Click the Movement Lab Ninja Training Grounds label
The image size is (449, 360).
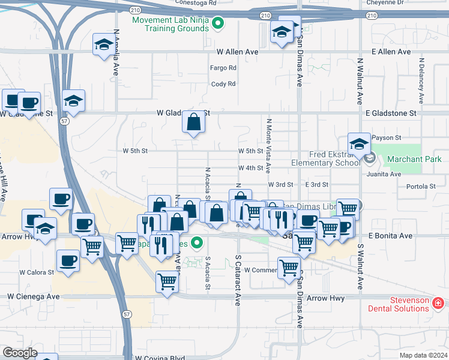tap(170, 24)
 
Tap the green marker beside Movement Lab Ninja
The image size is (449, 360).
tap(218, 25)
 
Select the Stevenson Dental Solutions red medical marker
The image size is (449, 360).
tap(438, 304)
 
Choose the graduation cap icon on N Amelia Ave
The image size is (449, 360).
tap(104, 44)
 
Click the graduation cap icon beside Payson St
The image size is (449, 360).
tap(359, 143)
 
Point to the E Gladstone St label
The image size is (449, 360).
tap(390, 113)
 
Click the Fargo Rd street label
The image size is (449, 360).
tap(223, 68)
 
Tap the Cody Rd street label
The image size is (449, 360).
tap(223, 84)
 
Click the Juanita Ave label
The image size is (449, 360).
tap(387, 175)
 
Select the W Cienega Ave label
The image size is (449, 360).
tap(34, 296)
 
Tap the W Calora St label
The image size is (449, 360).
tap(37, 272)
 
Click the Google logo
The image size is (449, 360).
tap(20, 352)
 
